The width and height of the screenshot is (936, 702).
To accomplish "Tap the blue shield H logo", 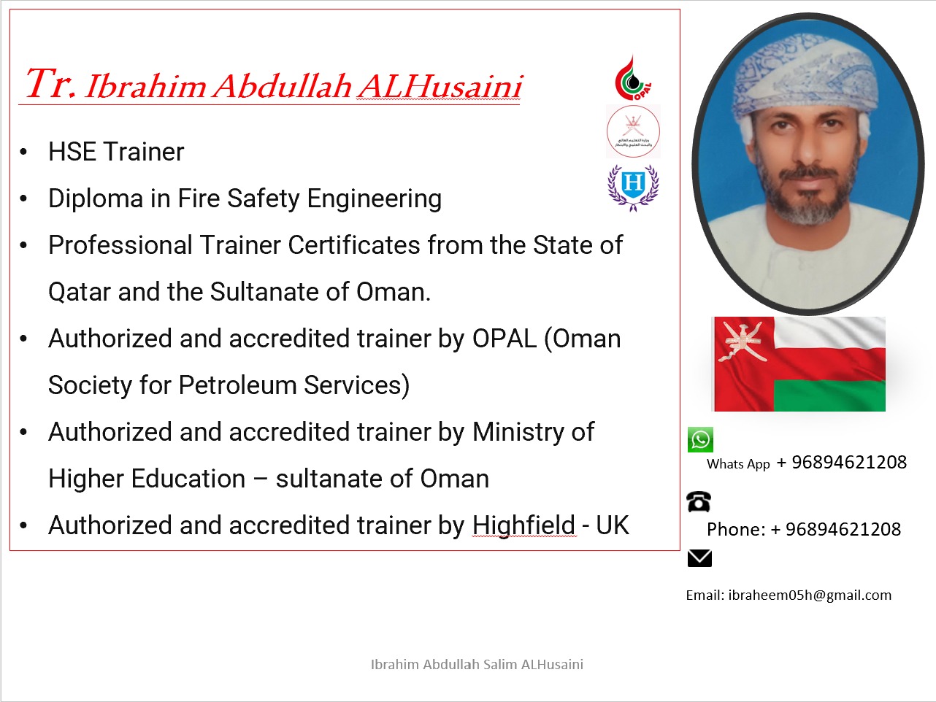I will click(x=633, y=185).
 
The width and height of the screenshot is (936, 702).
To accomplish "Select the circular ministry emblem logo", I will click(x=633, y=131).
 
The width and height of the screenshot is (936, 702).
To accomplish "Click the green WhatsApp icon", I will click(x=700, y=439).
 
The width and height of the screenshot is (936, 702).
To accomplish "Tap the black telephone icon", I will click(x=699, y=501).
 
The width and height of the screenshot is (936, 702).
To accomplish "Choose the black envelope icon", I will click(x=699, y=558).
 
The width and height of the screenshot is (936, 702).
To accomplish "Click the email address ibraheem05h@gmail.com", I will click(x=809, y=595).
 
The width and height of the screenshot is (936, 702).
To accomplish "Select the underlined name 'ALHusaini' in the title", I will click(x=440, y=87).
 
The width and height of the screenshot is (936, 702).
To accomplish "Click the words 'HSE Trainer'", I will click(x=116, y=152).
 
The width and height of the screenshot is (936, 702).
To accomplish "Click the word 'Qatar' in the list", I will click(x=79, y=292).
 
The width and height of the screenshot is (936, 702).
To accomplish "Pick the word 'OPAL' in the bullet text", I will click(x=504, y=339).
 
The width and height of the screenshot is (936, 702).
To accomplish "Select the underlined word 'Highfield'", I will click(x=523, y=525).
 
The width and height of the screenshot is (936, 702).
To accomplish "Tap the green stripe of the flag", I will click(x=829, y=396).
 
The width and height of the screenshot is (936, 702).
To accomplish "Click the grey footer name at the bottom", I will click(x=477, y=664).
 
